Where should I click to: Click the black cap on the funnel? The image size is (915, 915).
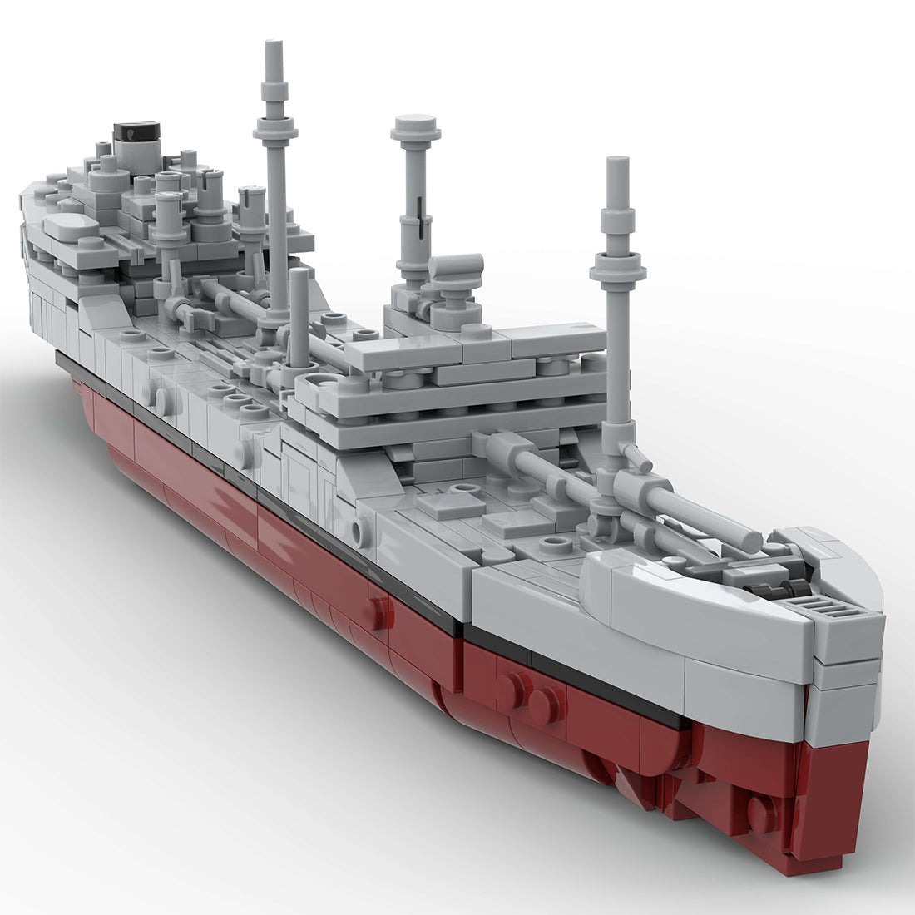(136, 131)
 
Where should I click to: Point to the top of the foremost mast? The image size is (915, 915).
(616, 162)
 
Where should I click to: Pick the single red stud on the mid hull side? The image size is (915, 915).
(380, 612)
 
